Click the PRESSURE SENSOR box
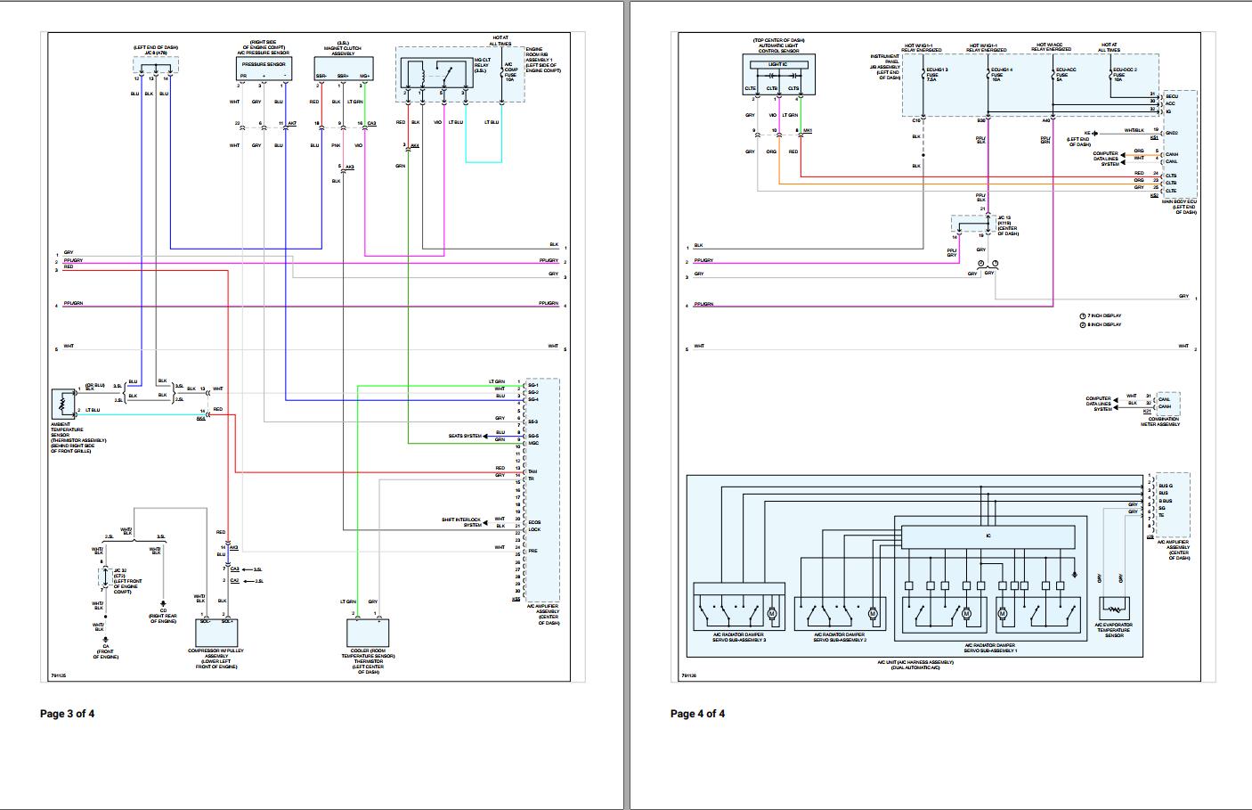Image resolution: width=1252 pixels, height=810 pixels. (x=264, y=65)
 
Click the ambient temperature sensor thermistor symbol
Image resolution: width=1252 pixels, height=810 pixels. (x=64, y=402)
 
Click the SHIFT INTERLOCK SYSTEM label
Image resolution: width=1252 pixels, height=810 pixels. (x=461, y=522)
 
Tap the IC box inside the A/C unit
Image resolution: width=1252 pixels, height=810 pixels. (x=988, y=536)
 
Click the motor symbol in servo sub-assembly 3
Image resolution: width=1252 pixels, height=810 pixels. (x=772, y=614)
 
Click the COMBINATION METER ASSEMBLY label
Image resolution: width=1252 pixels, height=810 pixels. (x=1164, y=421)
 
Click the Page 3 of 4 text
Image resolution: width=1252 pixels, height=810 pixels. (x=67, y=714)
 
